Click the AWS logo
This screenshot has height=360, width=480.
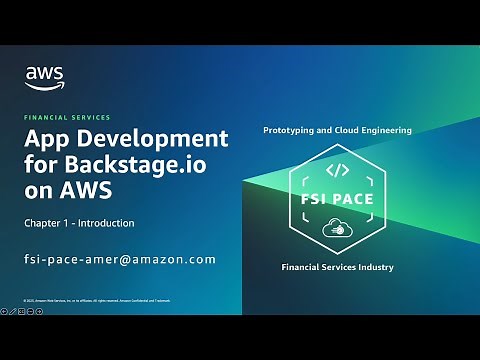click(44, 76)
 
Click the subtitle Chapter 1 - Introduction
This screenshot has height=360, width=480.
click(79, 222)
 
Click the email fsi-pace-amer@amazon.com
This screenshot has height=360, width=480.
click(120, 259)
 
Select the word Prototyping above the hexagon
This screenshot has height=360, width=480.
click(292, 130)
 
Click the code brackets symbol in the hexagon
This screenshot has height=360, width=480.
click(337, 171)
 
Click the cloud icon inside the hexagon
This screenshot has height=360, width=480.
click(337, 229)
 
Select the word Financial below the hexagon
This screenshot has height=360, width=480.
click(300, 267)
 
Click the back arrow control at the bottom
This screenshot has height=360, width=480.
click(6, 312)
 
